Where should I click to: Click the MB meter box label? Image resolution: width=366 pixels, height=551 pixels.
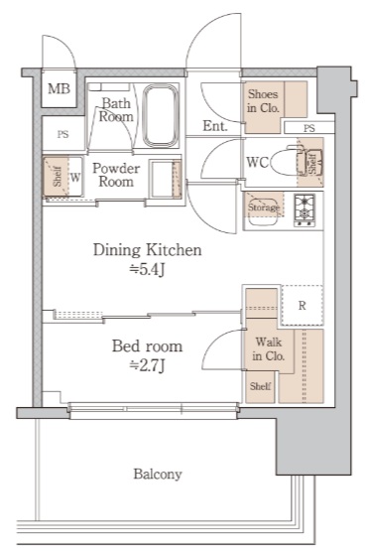[59, 88]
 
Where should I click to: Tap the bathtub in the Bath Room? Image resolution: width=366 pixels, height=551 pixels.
[161, 115]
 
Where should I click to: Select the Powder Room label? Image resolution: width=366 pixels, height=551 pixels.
[116, 175]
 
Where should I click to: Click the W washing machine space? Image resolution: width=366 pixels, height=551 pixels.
[74, 177]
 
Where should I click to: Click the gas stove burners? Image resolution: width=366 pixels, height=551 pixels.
[305, 209]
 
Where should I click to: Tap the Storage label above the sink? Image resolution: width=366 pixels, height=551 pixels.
[264, 207]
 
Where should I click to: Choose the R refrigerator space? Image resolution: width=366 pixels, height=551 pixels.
[302, 305]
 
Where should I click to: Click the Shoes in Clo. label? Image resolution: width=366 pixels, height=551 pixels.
[263, 101]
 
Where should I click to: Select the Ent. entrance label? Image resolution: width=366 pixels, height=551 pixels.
[215, 126]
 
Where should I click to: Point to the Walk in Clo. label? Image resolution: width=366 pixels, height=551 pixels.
[269, 348]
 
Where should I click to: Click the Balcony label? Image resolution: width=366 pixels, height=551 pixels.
[158, 475]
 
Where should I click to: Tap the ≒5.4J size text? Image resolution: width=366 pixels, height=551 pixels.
[147, 270]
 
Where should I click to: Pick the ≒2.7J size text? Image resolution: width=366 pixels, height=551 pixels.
[147, 366]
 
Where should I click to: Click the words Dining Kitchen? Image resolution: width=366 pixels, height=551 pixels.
[148, 250]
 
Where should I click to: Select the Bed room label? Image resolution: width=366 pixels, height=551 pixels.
[148, 346]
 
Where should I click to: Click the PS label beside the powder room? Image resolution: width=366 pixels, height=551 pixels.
[62, 134]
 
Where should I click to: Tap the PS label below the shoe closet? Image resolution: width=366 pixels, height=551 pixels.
[309, 128]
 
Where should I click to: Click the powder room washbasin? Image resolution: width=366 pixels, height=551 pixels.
[165, 179]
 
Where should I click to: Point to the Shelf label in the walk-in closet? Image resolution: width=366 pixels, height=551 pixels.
[260, 386]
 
